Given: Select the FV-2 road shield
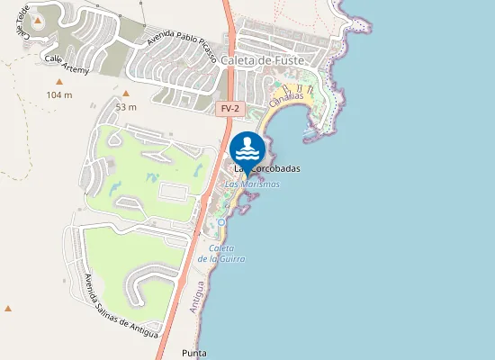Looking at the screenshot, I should (x=230, y=109).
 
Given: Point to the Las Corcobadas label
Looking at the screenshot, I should (x=267, y=169).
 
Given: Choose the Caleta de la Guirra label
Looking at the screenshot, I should (x=221, y=253).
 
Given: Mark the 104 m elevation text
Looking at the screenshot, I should (x=58, y=94).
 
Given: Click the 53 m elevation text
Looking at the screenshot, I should (x=126, y=107).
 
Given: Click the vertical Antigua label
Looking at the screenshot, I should (x=196, y=295).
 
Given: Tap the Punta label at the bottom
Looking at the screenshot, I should (x=194, y=353).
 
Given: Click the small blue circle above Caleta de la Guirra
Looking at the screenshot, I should (x=220, y=221).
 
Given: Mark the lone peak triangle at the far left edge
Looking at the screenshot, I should (x=8, y=309).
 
